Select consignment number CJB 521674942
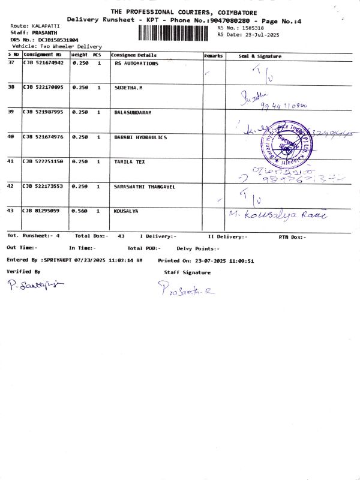tap(43, 63)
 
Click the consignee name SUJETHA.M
tap(128, 88)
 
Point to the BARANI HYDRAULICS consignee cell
tap(140, 137)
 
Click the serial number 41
tap(11, 161)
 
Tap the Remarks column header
tap(213, 56)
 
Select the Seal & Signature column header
tap(260, 56)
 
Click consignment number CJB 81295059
tap(41, 211)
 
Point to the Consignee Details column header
tap(134, 55)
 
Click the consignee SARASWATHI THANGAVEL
tap(145, 187)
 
